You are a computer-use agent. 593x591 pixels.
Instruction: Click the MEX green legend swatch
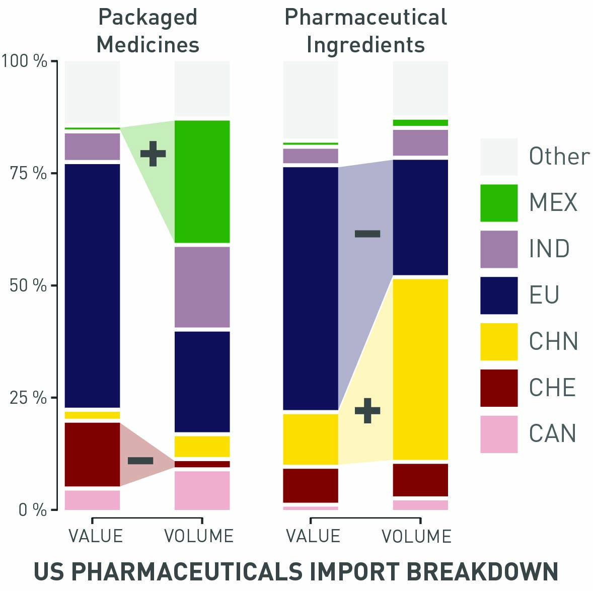coord(498,203)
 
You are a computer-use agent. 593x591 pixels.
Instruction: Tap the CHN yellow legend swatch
coord(498,342)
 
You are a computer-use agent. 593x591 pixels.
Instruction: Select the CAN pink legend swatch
coord(498,434)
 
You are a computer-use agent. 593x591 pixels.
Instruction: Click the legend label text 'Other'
coord(559,157)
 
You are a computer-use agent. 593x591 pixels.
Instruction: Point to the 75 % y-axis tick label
coord(28,173)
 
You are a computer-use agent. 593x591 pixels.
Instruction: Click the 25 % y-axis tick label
coord(28,398)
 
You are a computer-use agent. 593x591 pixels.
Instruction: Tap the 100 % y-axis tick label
coord(24,61)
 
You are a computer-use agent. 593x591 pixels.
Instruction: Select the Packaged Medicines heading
coord(147,31)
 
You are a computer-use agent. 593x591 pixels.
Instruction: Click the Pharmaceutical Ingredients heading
coord(365,31)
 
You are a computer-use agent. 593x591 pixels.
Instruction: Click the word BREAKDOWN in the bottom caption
coord(482,572)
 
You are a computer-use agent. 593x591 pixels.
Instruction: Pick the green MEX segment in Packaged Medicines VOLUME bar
coord(202,181)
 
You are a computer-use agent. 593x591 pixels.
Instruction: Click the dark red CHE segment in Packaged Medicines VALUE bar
coord(93,454)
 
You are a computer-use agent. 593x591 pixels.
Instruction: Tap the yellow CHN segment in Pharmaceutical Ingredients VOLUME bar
coord(420,368)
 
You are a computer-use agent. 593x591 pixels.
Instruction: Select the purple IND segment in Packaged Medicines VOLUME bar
coord(202,287)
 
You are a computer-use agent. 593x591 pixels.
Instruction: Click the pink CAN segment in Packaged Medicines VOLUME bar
coord(202,490)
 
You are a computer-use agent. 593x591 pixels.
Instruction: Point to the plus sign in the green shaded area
coord(153,154)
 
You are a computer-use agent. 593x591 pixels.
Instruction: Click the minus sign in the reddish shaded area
coord(140,461)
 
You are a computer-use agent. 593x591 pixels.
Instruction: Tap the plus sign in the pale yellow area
coord(367,410)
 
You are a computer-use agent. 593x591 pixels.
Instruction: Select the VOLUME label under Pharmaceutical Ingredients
coord(416,537)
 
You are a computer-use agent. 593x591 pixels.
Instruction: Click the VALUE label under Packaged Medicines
coord(96,536)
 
